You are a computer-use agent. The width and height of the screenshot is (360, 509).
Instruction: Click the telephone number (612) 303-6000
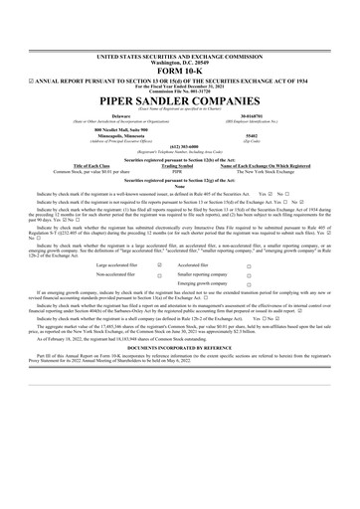[179, 115]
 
